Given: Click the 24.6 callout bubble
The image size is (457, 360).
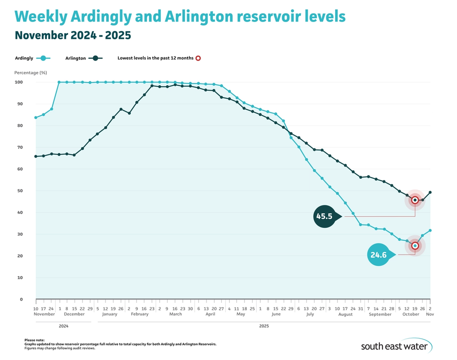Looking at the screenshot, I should [380, 255].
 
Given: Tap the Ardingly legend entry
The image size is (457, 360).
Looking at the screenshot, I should [33, 58].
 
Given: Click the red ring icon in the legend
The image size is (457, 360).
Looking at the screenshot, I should [199, 58].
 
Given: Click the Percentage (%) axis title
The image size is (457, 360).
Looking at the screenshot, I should [30, 72].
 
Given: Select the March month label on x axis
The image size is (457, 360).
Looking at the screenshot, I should [175, 314].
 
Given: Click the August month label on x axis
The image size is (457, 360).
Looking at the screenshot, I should [345, 314].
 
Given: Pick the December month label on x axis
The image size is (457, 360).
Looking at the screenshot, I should [74, 314].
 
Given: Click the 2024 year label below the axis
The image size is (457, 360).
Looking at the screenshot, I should [63, 327].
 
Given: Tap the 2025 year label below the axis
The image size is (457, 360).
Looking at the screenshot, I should [264, 327].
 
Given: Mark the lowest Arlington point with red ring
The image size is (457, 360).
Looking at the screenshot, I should [415, 200].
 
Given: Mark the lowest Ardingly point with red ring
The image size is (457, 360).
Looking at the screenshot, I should [415, 246].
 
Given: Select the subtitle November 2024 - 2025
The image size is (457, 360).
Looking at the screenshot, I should [72, 35].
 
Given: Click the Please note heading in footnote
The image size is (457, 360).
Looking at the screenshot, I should [34, 340].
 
